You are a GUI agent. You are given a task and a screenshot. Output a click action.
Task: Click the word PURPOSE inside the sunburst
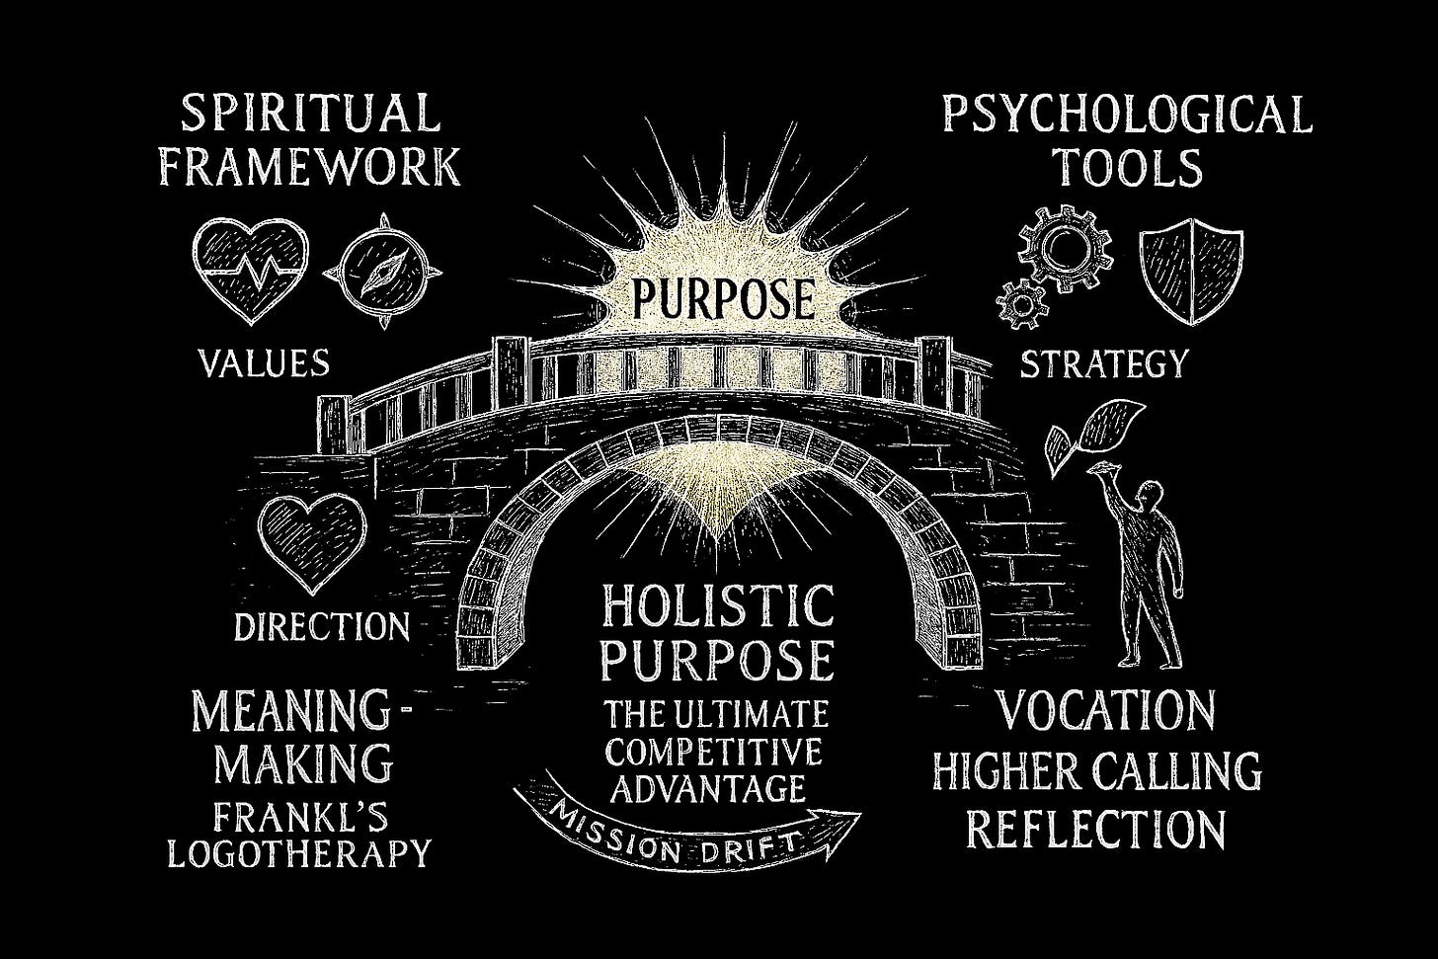[722, 295]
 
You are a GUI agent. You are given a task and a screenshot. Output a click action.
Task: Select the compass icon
[382, 267]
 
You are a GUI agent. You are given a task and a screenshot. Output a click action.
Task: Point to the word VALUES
[264, 363]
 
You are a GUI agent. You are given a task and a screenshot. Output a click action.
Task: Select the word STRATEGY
[1103, 364]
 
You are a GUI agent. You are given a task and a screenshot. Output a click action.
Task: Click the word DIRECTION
[322, 625]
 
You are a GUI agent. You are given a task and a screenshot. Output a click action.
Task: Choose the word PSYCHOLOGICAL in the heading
[1127, 116]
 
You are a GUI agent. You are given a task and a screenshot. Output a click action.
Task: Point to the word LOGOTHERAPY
[299, 851]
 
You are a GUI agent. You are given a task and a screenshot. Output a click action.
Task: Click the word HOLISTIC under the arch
[718, 605]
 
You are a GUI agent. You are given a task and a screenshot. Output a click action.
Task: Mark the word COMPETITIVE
[714, 753]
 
